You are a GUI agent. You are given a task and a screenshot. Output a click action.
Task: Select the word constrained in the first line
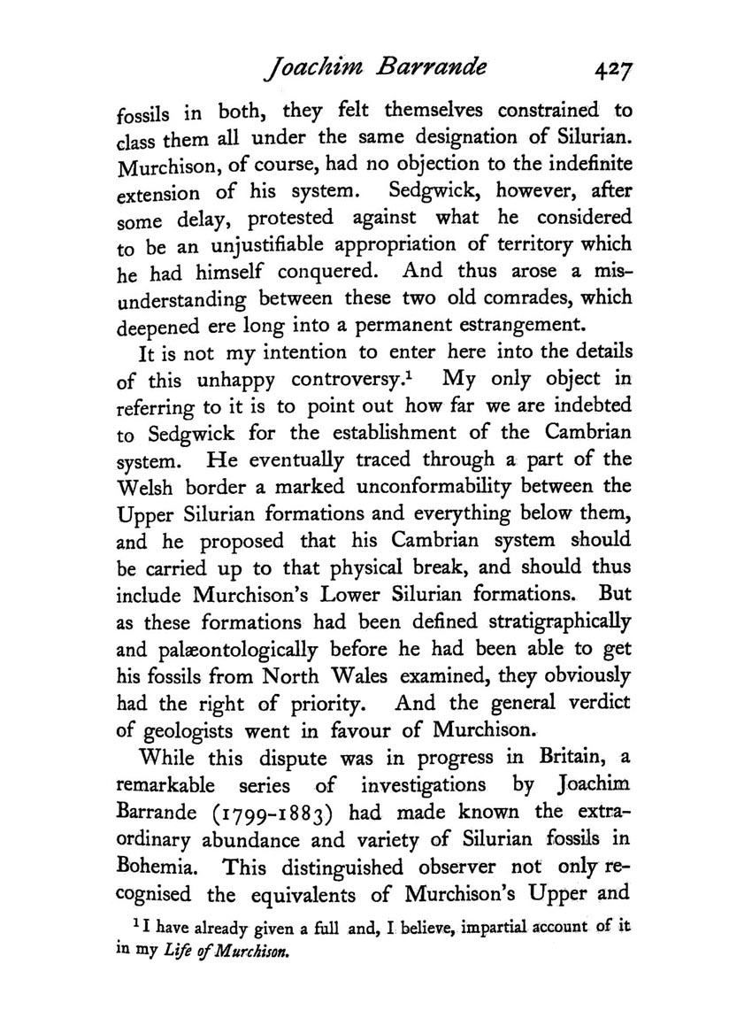point(549,111)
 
